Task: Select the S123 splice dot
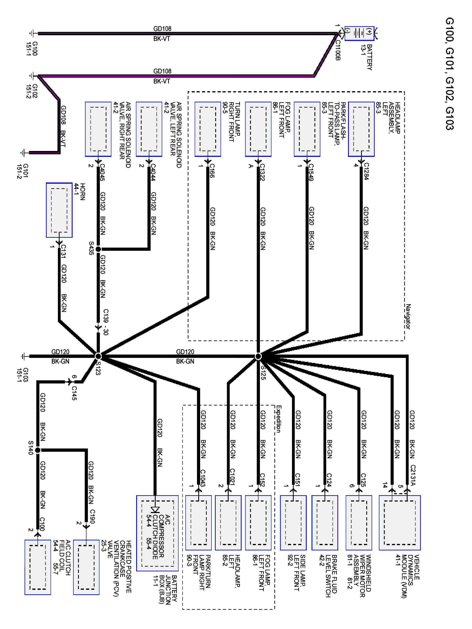[x=98, y=356]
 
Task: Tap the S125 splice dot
[x=258, y=356]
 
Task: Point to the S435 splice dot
[x=98, y=249]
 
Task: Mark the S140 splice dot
[x=38, y=450]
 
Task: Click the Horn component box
[x=59, y=210]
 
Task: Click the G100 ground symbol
[x=32, y=34]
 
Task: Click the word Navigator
[x=408, y=316]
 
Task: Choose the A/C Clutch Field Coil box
[x=38, y=567]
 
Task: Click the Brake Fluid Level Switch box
[x=325, y=523]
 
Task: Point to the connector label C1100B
[x=338, y=50]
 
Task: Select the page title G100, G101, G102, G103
[x=450, y=74]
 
